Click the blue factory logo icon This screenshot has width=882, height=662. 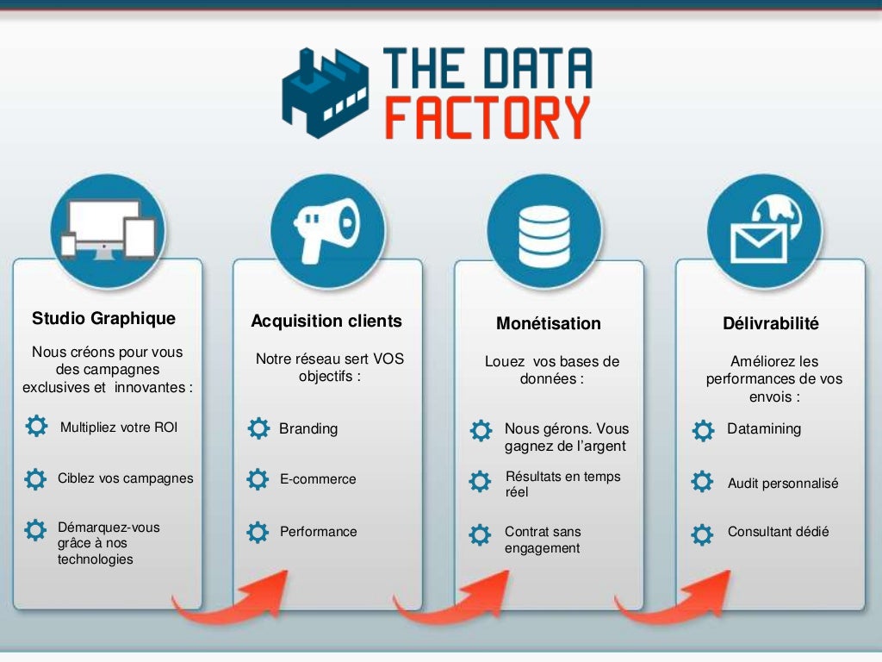323,93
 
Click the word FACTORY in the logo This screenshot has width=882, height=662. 488,118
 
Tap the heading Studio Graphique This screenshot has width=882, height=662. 103,318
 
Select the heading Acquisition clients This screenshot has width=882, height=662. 326,321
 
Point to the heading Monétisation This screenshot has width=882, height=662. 549,323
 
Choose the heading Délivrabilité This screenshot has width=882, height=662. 771,323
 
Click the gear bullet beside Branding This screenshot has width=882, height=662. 258,428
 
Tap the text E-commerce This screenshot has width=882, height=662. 318,479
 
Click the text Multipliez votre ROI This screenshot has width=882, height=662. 119,427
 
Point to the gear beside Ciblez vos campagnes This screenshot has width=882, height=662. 34,478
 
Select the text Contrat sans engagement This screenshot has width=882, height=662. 543,540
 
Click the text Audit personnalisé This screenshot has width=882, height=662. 783,484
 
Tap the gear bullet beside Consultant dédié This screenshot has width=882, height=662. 703,534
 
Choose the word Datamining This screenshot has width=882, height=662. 764,428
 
